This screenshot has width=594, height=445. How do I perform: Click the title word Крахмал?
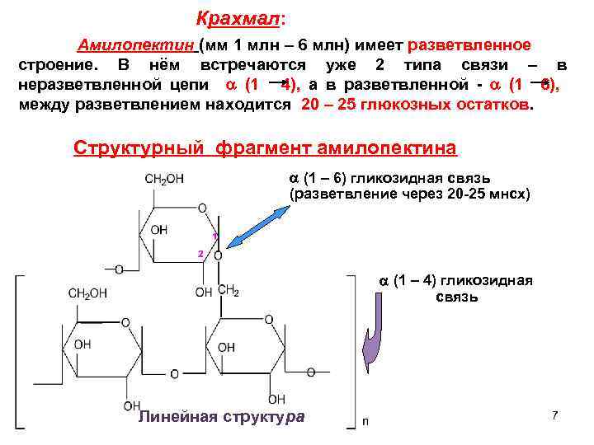241,17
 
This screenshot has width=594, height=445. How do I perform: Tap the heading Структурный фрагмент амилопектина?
264,148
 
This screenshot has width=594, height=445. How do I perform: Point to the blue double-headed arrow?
261,223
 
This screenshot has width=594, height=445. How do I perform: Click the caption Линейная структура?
220,417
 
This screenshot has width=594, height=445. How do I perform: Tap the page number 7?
555,415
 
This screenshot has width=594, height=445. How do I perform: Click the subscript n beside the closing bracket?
365,421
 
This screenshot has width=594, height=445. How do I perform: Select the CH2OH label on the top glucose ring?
164,179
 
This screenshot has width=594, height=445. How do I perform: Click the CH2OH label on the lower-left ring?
88,293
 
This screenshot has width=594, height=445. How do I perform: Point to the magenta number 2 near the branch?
200,252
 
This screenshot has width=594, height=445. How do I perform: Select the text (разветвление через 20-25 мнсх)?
409,194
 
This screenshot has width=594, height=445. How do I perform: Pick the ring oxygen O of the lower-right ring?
268,317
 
